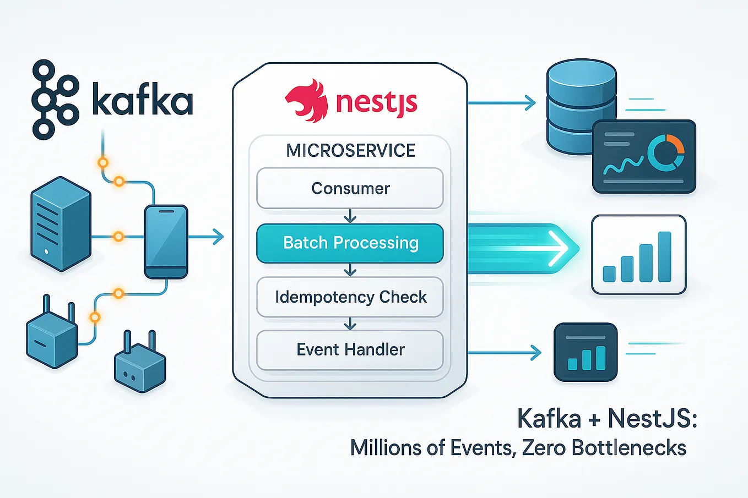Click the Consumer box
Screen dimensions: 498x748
350,188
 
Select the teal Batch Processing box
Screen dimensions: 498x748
350,243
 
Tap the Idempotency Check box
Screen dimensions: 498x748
350,297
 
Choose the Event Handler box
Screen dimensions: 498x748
350,349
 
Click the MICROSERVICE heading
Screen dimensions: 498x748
350,150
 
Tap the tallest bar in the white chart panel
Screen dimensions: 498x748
664,256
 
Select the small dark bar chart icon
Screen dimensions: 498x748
586,352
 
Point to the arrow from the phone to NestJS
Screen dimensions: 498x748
207,237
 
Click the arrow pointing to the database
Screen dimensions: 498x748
501,102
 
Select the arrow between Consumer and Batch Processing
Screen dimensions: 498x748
350,216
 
